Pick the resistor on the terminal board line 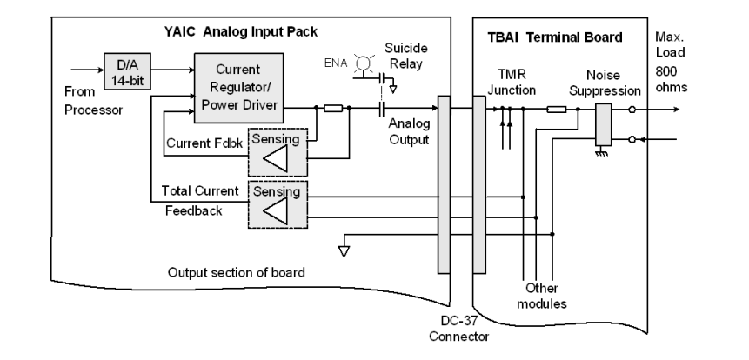[x=557, y=110]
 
